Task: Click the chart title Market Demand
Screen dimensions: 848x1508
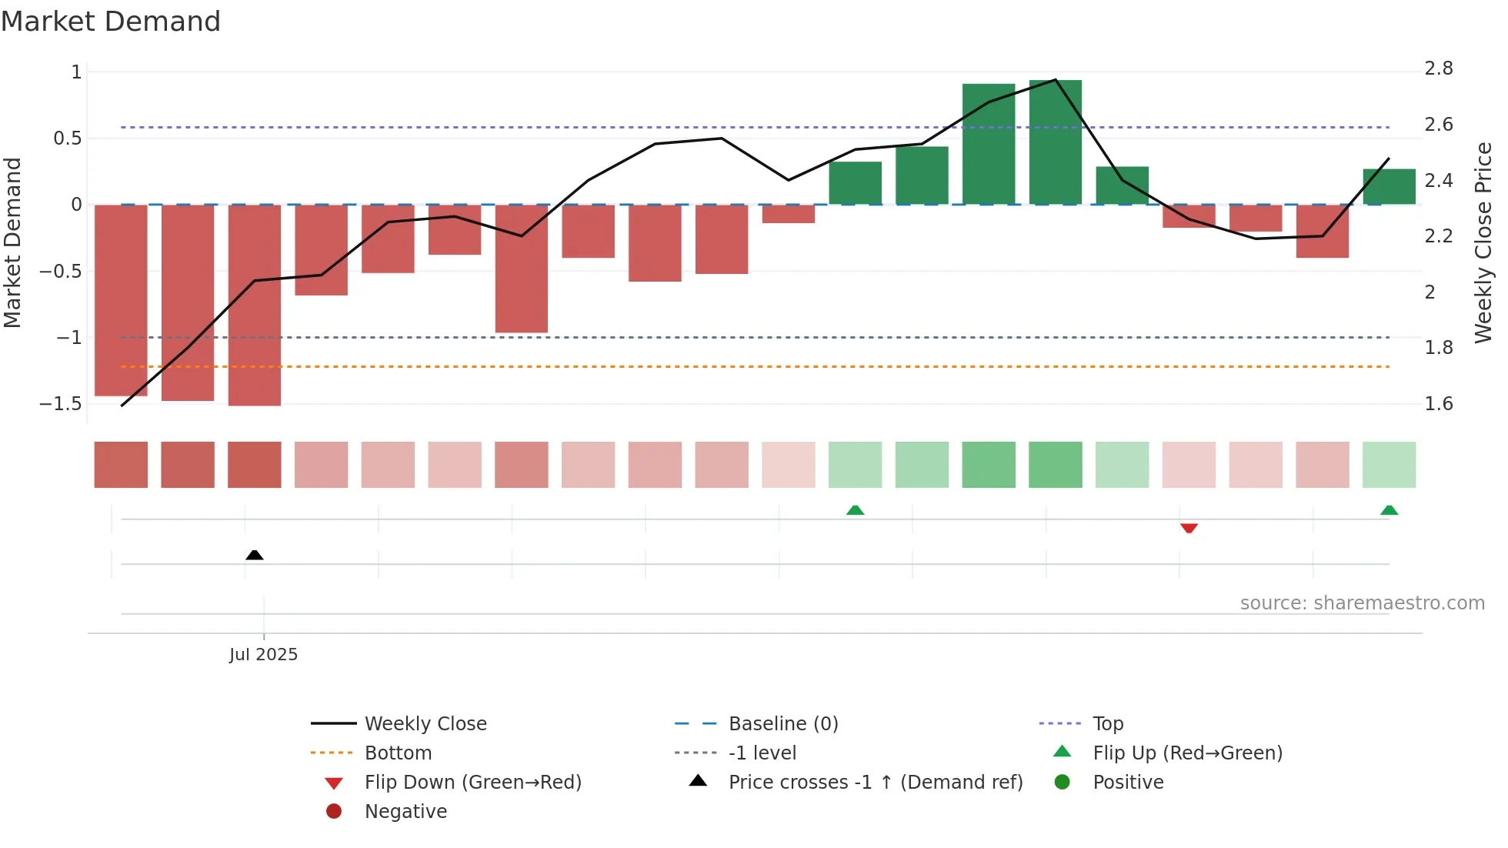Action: [111, 22]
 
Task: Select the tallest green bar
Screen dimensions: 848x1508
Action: [1055, 142]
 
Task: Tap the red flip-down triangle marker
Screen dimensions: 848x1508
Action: [1189, 529]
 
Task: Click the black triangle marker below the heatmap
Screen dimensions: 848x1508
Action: [255, 555]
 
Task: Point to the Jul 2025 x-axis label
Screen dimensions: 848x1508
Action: [263, 655]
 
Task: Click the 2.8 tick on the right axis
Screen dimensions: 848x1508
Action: [1438, 69]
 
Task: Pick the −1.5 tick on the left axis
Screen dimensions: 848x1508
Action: [61, 404]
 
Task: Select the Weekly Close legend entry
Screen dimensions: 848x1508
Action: [425, 724]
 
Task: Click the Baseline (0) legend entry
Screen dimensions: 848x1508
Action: [782, 724]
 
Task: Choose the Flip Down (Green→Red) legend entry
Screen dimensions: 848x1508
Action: [472, 783]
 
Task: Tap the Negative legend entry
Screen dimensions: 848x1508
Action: [405, 812]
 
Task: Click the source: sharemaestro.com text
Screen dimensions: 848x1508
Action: [1362, 603]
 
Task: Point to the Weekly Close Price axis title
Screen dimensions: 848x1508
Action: [1483, 242]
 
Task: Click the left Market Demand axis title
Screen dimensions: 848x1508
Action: [13, 242]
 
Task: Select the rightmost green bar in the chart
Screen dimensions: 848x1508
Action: [1389, 187]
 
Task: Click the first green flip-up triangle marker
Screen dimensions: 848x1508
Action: [855, 510]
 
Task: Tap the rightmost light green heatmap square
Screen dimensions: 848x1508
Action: [1389, 465]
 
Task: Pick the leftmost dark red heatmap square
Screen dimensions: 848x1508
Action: [121, 465]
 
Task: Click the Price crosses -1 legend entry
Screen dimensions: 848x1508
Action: [875, 783]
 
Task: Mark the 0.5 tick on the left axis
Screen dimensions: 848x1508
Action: [68, 139]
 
